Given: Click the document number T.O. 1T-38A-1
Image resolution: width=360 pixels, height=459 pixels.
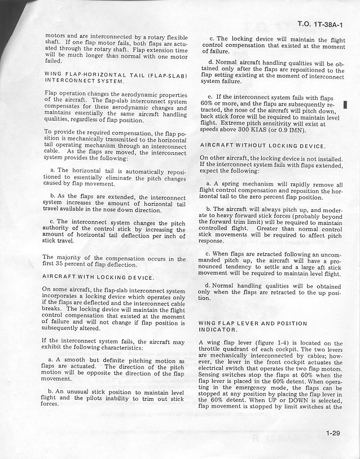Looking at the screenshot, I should click(x=319, y=24).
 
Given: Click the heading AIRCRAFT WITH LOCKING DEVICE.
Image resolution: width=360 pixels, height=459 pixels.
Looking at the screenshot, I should click(x=98, y=277).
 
